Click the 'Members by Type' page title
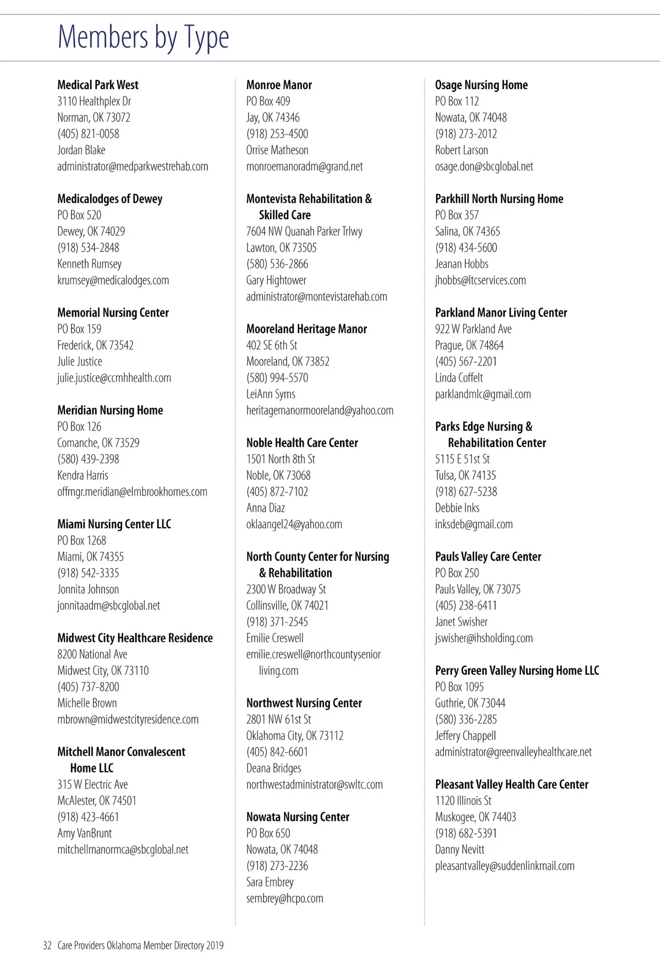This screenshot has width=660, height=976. (143, 37)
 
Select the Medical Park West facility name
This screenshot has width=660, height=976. (98, 85)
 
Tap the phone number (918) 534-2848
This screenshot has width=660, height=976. (88, 248)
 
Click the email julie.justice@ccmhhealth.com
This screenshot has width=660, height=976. (114, 378)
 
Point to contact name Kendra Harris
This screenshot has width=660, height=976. (82, 475)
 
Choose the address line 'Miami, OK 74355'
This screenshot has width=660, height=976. (90, 557)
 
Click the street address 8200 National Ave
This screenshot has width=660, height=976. (92, 654)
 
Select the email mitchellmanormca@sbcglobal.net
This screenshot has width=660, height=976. (123, 849)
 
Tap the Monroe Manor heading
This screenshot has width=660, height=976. (279, 85)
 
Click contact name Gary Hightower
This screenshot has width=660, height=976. (276, 280)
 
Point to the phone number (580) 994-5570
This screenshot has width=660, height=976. (277, 378)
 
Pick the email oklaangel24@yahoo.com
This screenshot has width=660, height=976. (294, 524)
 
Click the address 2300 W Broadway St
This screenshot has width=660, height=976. (286, 589)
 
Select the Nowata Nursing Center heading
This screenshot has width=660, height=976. (298, 817)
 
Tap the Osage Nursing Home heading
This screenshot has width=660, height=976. (481, 85)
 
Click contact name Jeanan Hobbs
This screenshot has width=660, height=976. (461, 264)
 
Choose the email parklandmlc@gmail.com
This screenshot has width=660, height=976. (483, 394)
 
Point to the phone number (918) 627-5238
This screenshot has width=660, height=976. (466, 492)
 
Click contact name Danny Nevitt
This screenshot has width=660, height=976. (460, 849)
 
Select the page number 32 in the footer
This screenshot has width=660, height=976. (47, 946)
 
